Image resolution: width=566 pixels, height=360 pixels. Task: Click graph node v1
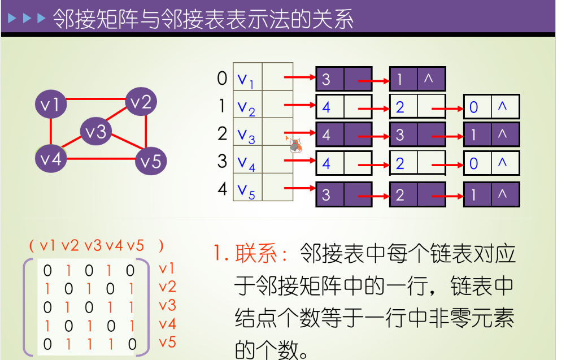coord(51,103)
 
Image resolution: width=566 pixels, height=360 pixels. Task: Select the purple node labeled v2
coord(141,102)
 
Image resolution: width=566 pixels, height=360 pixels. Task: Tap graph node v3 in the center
coord(95,132)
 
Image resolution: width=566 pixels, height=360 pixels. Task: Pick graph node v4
coord(51,158)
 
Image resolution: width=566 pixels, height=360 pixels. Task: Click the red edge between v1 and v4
coord(51,131)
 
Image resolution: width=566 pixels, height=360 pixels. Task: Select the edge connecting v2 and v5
coord(146,131)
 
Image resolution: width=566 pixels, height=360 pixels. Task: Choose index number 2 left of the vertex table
coord(222,134)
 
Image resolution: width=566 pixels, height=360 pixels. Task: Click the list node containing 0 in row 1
coord(490,107)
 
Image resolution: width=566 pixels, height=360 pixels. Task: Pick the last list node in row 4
coord(490,195)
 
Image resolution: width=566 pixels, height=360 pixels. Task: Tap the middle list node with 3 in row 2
coord(417,135)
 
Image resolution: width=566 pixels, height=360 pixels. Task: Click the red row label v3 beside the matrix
coord(167,306)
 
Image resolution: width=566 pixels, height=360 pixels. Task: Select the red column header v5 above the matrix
coord(136,246)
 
